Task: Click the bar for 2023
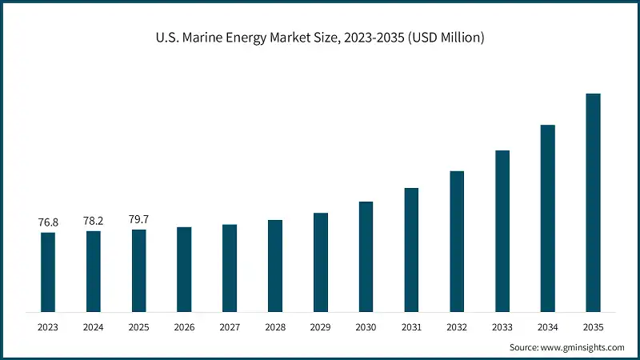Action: pyautogui.click(x=48, y=272)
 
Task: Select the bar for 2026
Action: pyautogui.click(x=184, y=269)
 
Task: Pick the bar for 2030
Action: pyautogui.click(x=366, y=256)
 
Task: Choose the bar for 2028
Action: pyautogui.click(x=275, y=266)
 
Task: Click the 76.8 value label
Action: pyautogui.click(x=48, y=222)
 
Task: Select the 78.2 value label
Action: pyautogui.click(x=94, y=220)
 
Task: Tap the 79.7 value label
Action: pyautogui.click(x=139, y=218)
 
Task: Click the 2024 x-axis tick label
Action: pyautogui.click(x=94, y=327)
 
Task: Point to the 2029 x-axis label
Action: pyautogui.click(x=321, y=327)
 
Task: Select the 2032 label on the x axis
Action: pyautogui.click(x=457, y=327)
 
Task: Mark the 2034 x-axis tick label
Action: pyautogui.click(x=548, y=327)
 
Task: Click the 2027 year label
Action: pyautogui.click(x=230, y=327)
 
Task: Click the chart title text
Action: pyautogui.click(x=320, y=38)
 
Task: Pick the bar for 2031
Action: pyautogui.click(x=411, y=250)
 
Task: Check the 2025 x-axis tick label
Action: pyautogui.click(x=139, y=327)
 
